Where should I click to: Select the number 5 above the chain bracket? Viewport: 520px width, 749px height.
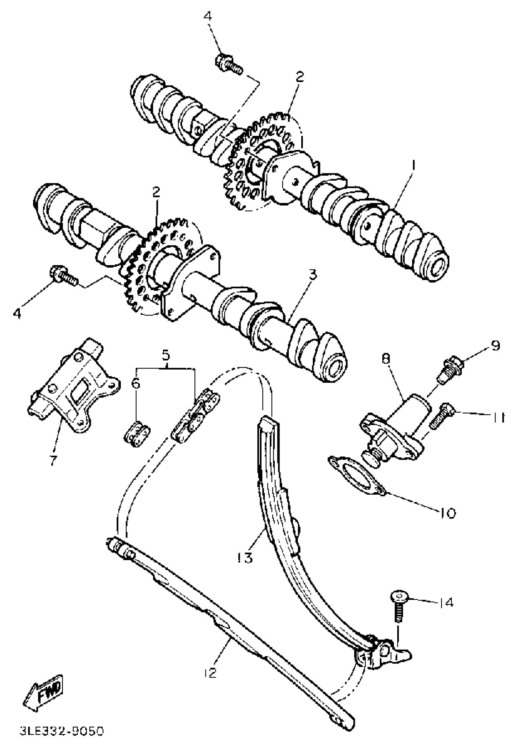(x=166, y=354)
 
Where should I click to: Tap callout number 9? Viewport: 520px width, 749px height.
(x=495, y=346)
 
